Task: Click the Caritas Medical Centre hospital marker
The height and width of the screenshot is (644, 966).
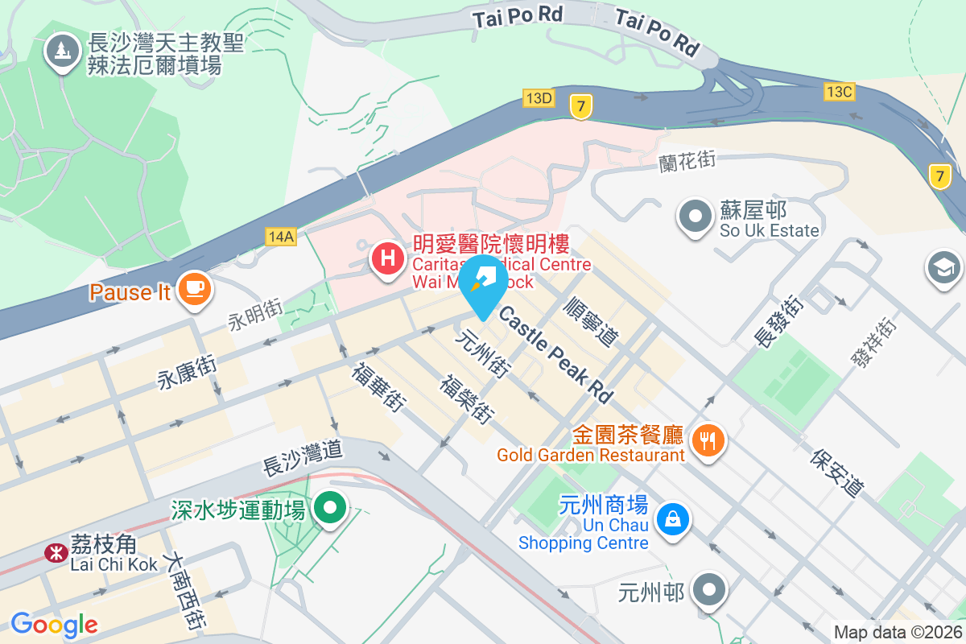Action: (387, 258)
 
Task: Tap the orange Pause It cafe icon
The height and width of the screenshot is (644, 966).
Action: (193, 287)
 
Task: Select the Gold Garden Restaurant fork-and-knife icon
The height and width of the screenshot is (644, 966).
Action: (708, 440)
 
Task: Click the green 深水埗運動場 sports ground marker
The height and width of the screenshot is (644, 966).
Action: (329, 507)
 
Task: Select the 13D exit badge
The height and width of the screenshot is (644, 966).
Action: (539, 98)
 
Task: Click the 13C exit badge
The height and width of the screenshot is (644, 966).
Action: (839, 92)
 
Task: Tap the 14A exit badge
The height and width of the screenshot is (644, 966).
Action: (282, 236)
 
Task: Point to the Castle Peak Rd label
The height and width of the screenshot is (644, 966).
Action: (555, 353)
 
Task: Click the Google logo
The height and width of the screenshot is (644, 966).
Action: (54, 624)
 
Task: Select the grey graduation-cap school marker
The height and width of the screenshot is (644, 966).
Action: (943, 266)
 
